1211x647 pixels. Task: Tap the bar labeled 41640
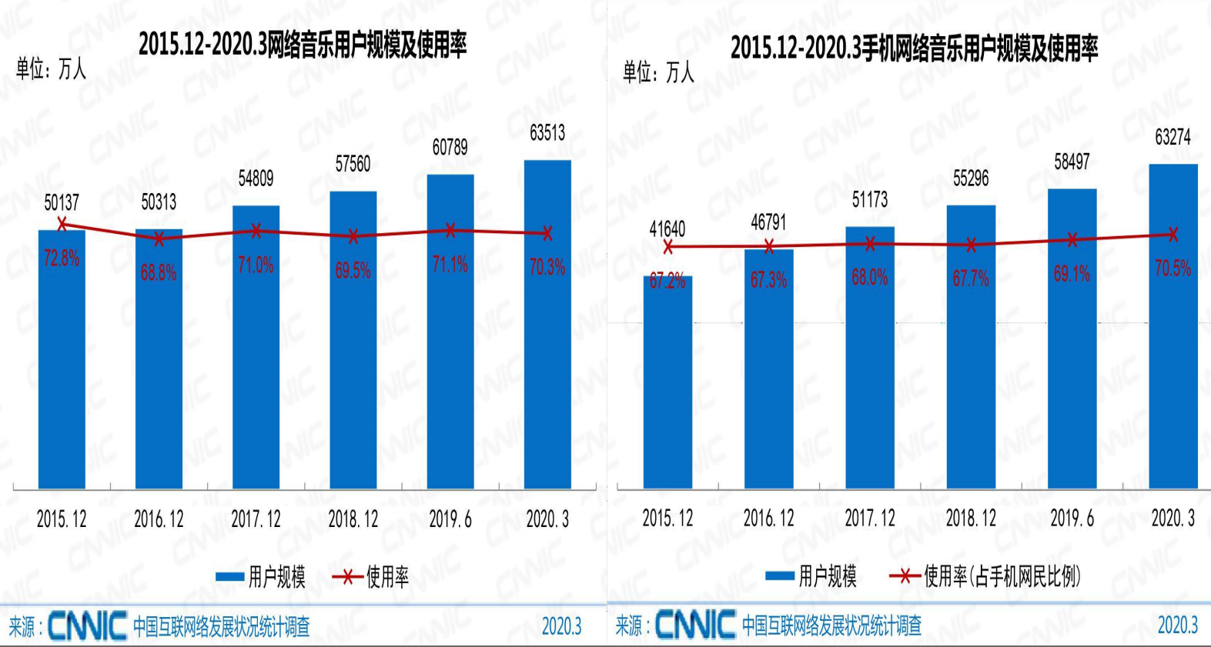(667, 385)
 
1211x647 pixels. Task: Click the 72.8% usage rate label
(62, 258)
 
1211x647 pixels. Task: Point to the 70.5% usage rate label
(1173, 268)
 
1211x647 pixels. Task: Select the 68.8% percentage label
(159, 272)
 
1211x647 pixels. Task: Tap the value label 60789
(450, 147)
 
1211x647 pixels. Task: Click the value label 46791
(768, 222)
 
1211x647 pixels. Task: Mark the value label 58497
(1072, 162)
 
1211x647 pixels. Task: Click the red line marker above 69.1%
(1072, 240)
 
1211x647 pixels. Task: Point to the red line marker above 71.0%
(256, 230)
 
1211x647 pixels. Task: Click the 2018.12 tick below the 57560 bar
(353, 519)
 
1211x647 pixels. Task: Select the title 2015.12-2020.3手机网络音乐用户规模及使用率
(914, 48)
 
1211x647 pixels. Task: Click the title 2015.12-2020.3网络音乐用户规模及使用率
(303, 45)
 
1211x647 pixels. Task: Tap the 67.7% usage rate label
(971, 278)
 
